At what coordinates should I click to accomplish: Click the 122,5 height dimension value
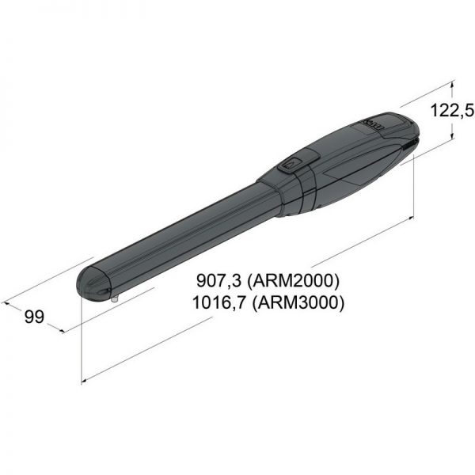tap(452, 110)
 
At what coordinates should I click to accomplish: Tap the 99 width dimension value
tap(34, 317)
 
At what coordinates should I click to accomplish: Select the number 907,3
tap(218, 280)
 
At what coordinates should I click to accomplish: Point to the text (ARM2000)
tap(293, 281)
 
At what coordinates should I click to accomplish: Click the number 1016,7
tap(218, 302)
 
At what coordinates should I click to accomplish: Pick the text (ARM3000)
tap(298, 302)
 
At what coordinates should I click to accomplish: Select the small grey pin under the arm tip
tap(115, 299)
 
